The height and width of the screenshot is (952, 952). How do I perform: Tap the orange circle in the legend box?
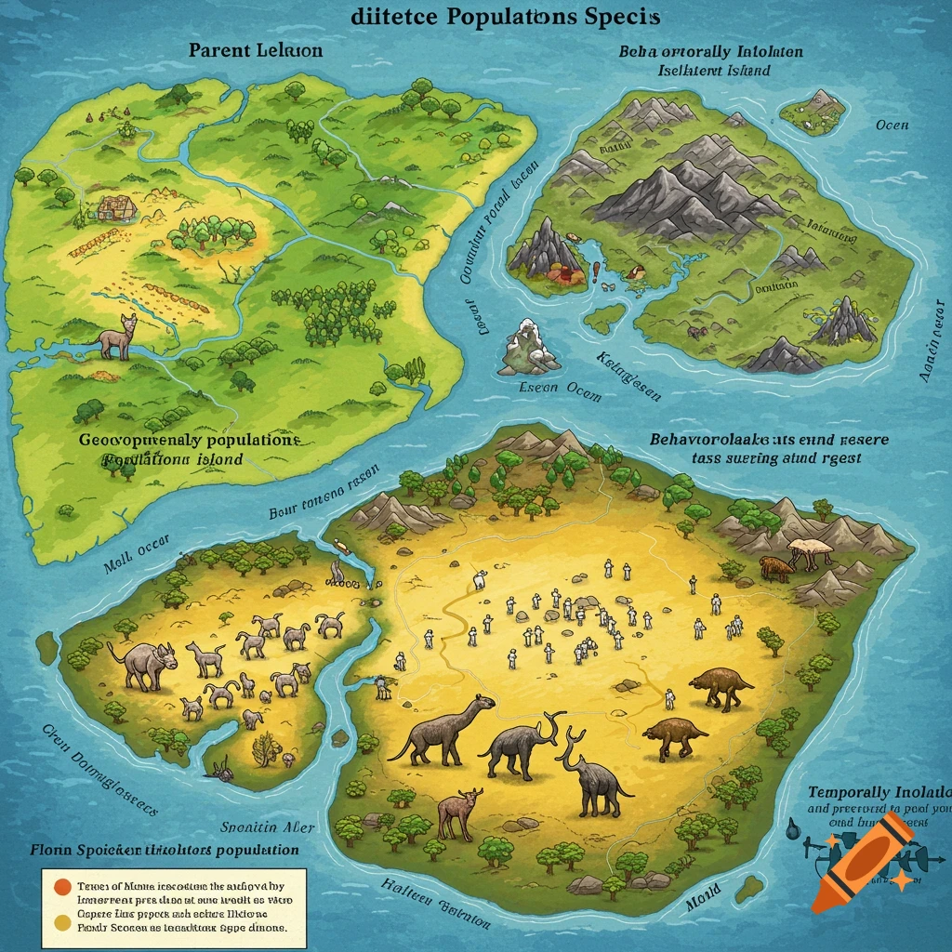click(60, 886)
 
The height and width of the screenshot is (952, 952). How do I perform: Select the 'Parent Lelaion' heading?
click(256, 50)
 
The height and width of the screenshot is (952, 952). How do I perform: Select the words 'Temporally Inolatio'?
click(879, 792)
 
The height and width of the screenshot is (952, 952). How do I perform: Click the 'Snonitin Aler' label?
click(268, 826)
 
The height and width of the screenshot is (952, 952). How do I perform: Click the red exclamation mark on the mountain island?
click(591, 272)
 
